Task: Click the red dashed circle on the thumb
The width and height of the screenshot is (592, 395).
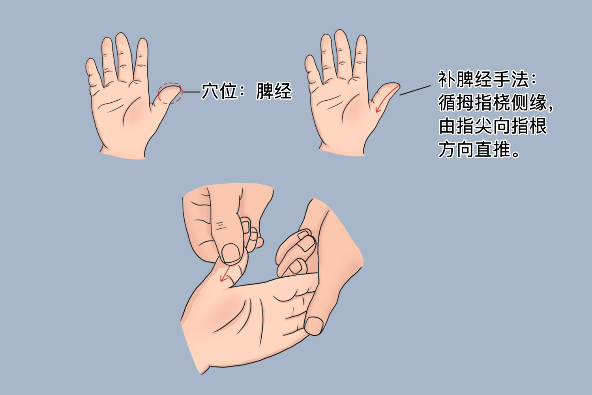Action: [x=170, y=94]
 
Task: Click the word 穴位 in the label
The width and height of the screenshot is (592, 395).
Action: [x=219, y=91]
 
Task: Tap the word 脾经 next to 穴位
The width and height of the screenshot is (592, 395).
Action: [x=274, y=91]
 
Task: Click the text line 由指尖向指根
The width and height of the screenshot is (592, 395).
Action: [x=493, y=126]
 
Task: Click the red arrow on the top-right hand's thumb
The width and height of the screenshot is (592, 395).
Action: [x=385, y=99]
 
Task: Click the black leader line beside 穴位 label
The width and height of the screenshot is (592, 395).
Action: [x=192, y=92]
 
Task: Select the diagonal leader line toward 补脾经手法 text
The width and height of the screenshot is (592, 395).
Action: [x=415, y=90]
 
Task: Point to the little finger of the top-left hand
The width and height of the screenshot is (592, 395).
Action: [x=93, y=73]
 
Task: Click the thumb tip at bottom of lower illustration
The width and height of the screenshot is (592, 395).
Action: [x=314, y=326]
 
